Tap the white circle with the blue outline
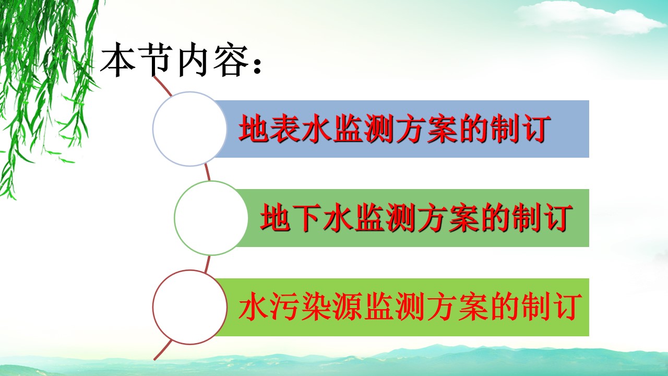click(x=189, y=128)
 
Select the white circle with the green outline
click(x=211, y=218)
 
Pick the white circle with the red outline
click(x=189, y=307)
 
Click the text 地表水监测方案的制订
click(x=394, y=129)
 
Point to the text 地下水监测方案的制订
click(x=416, y=218)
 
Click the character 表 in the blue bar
click(x=285, y=129)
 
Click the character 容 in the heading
click(x=231, y=61)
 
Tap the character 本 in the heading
click(x=117, y=61)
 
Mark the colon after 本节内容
click(x=257, y=66)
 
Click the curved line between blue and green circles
click(x=208, y=172)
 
